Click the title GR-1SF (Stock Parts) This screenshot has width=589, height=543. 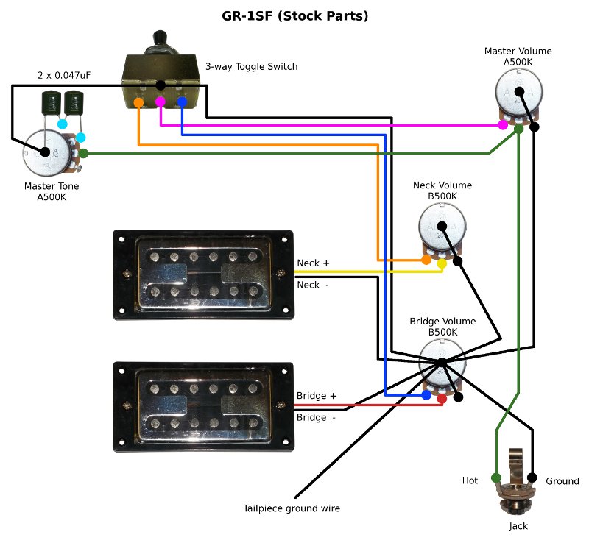294,15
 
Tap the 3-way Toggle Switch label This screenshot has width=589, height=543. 251,67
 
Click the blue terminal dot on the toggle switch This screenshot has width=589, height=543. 181,102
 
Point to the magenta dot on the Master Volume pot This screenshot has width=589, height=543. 503,125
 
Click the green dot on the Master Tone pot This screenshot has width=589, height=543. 84,153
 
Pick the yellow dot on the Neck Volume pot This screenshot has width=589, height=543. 442,263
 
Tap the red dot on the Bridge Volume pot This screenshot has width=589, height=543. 442,399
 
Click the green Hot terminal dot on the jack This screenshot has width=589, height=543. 495,478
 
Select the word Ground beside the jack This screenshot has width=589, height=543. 562,481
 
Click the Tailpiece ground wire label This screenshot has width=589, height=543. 292,508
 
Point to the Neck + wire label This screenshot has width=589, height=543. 313,263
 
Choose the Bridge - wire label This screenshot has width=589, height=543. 316,417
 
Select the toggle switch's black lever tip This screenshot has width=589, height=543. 159,37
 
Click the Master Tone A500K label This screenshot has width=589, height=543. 51,191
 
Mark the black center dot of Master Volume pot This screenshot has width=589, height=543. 518,92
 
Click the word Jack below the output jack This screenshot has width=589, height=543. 518,526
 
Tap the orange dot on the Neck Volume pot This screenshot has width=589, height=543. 426,260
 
